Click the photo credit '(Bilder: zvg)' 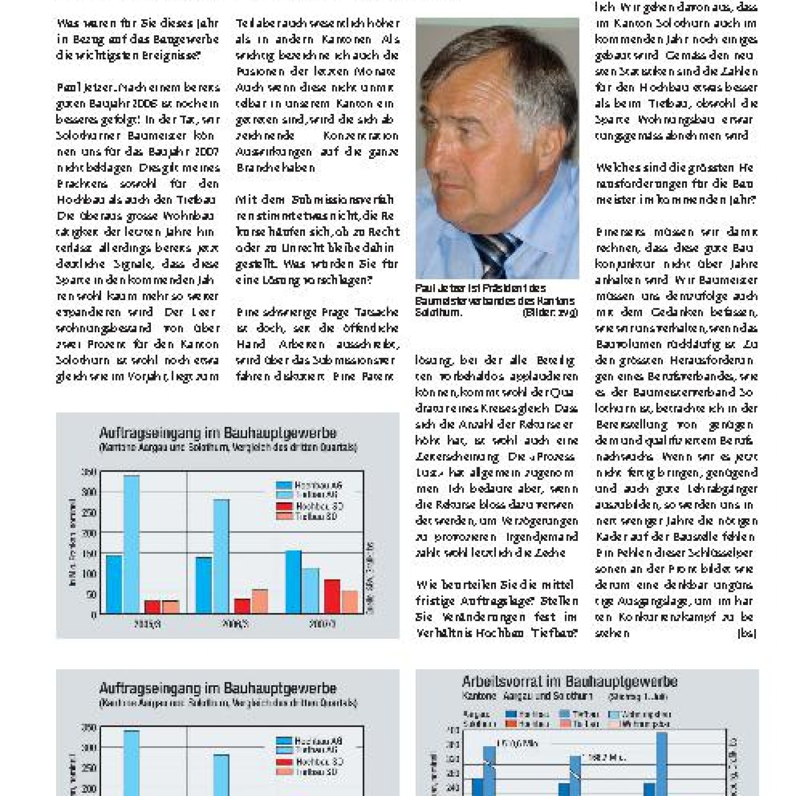pyautogui.click(x=550, y=313)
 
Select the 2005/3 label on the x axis pyautogui.click(x=147, y=624)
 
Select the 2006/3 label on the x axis pyautogui.click(x=236, y=624)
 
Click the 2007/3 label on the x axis pyautogui.click(x=323, y=624)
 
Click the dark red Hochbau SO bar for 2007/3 pyautogui.click(x=332, y=596)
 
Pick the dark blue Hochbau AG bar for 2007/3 pyautogui.click(x=293, y=582)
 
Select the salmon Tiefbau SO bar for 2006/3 pyautogui.click(x=260, y=601)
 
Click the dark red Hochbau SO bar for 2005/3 pyautogui.click(x=152, y=607)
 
